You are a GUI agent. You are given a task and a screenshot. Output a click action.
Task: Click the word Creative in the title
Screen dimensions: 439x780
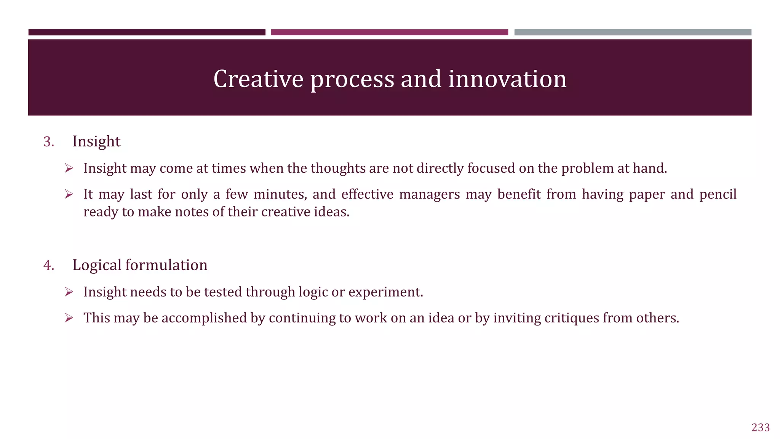point(258,79)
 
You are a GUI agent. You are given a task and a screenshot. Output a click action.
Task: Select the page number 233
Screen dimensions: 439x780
point(761,428)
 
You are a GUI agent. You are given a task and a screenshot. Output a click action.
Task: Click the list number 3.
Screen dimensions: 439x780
point(48,142)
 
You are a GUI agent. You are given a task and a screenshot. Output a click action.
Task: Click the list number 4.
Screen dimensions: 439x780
point(48,265)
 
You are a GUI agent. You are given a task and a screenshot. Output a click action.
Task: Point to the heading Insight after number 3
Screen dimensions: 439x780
point(96,141)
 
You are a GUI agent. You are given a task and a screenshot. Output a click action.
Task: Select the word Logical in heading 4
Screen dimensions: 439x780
point(97,265)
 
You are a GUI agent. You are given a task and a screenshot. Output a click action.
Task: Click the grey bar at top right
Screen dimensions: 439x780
point(633,32)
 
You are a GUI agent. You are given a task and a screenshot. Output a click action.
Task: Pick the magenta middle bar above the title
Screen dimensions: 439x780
point(389,32)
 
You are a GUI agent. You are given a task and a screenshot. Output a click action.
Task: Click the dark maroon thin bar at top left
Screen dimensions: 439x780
point(147,32)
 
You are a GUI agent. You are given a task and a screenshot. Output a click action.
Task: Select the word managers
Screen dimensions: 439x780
point(429,195)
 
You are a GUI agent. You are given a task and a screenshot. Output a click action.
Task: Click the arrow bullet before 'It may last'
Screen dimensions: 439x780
point(69,194)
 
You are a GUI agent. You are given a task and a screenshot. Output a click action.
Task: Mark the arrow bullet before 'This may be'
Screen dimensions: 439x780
point(69,317)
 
